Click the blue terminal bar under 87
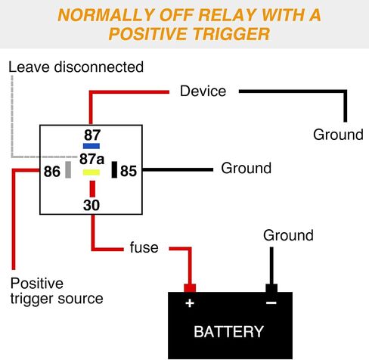click(x=91, y=146)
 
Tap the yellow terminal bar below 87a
click(x=91, y=172)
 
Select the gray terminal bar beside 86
click(x=68, y=169)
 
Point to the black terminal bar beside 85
click(x=114, y=169)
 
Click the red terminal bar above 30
click(x=92, y=189)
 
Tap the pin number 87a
click(x=91, y=159)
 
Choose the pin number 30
click(x=91, y=205)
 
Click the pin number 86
click(x=52, y=172)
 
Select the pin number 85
click(x=129, y=171)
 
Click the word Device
click(x=203, y=91)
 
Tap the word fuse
click(x=144, y=247)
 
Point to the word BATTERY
click(x=228, y=331)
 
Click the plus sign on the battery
click(x=190, y=303)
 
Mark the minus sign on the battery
click(x=271, y=303)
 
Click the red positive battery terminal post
click(x=190, y=288)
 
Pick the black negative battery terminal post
click(x=271, y=288)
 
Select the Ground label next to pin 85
click(x=247, y=168)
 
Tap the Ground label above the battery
click(x=288, y=235)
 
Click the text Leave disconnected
click(x=76, y=67)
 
